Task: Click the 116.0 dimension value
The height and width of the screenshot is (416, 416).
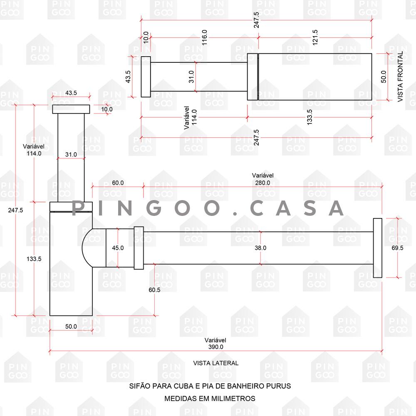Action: coord(204,37)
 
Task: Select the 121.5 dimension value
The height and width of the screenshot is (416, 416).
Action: coord(315,37)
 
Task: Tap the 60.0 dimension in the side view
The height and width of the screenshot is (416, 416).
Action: coord(118,183)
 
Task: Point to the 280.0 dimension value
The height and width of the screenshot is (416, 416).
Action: coord(262,183)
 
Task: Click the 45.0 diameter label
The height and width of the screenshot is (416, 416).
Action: coord(118,248)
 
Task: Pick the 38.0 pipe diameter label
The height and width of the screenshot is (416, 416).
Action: coord(260,248)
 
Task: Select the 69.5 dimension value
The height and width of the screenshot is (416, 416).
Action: coord(397,248)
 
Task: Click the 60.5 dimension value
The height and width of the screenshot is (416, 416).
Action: coord(154,290)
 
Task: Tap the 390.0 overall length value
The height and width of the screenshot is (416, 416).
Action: coord(215,347)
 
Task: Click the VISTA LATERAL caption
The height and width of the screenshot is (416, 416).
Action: coord(215,363)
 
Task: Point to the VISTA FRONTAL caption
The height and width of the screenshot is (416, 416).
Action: coord(400,77)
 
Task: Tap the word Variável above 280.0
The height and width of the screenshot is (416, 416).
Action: coord(262,176)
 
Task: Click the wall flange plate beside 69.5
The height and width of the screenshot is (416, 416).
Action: coord(378,248)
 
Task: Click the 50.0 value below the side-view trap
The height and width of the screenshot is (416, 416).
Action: coord(71,326)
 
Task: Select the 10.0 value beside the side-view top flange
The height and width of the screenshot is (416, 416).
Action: coord(106,109)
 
